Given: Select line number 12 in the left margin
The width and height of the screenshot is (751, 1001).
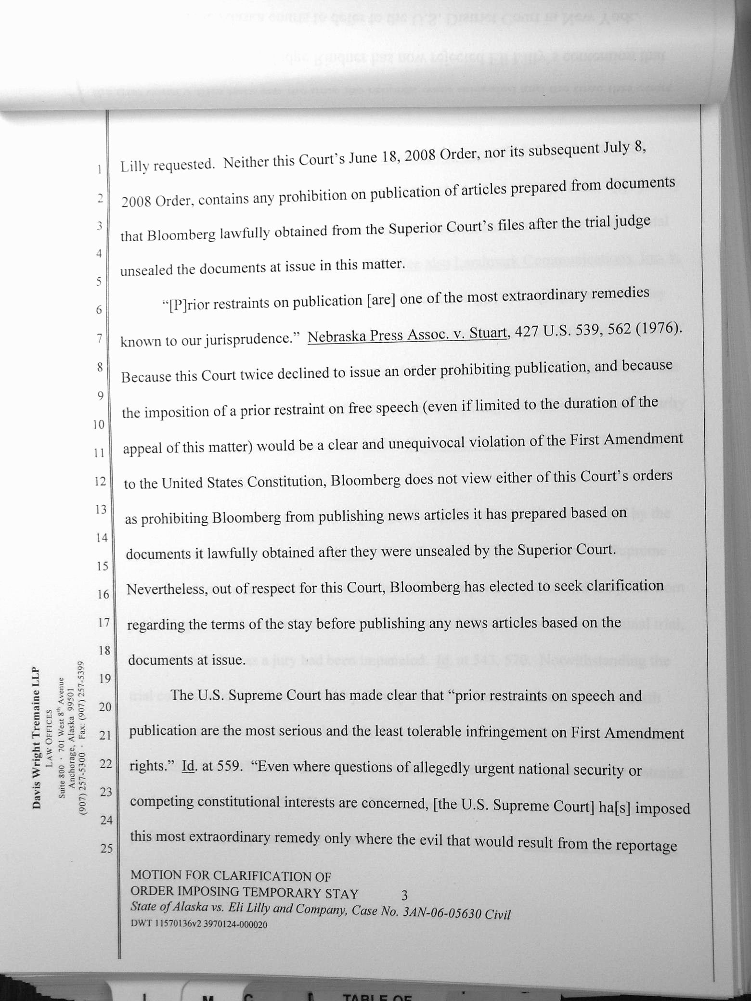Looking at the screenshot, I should coord(100,481).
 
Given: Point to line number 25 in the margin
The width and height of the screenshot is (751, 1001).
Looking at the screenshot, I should coord(106,847).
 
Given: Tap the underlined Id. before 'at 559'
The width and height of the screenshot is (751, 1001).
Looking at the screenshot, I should coord(188,766).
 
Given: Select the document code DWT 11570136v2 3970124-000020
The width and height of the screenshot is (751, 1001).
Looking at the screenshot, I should coord(199,924).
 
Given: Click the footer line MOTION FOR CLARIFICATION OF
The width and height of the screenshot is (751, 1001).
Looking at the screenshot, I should coord(231,875).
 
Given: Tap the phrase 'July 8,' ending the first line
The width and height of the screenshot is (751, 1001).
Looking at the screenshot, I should coord(624,148).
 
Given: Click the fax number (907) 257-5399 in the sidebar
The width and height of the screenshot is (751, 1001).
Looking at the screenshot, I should coord(81,699).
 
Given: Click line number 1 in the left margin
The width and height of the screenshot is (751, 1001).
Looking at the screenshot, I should coord(99,169).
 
